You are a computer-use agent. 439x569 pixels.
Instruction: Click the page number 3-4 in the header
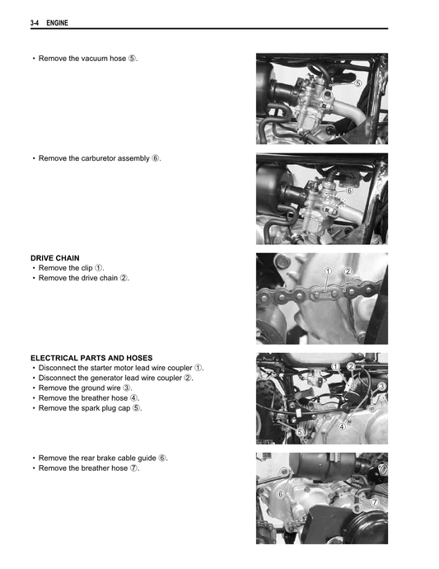(x=35, y=23)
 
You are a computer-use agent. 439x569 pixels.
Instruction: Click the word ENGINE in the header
(x=57, y=23)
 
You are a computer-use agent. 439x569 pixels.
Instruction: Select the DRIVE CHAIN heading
(x=55, y=258)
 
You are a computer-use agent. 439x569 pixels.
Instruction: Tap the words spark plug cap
(x=104, y=407)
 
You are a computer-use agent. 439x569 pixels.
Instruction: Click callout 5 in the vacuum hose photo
(x=357, y=83)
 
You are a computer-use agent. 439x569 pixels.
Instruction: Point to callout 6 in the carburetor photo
(x=349, y=190)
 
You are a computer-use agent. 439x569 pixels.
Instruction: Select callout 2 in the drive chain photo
(x=348, y=271)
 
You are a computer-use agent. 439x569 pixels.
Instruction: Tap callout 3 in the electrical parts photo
(x=381, y=387)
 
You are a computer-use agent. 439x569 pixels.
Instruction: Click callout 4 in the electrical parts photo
(x=341, y=426)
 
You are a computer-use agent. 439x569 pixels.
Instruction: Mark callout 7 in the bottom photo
(x=374, y=502)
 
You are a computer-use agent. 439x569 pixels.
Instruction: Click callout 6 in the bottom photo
(x=280, y=494)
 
